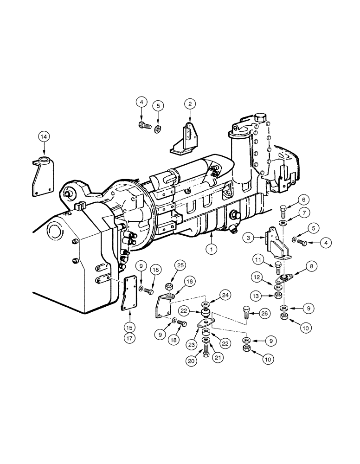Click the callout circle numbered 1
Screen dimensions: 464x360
[211, 249]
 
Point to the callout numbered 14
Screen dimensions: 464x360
[44, 136]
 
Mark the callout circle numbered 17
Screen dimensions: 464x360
[129, 338]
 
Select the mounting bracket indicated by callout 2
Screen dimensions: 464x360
[186, 139]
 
